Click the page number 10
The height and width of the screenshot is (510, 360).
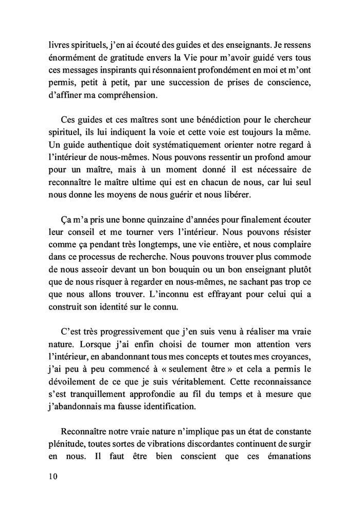coord(50,476)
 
